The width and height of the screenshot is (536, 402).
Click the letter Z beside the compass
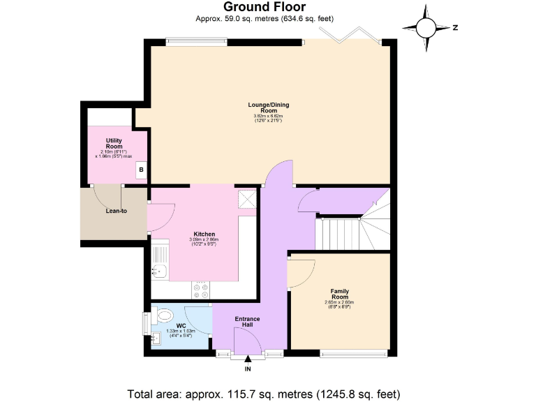pyautogui.click(x=454, y=28)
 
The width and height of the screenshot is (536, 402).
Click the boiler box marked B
pyautogui.click(x=140, y=169)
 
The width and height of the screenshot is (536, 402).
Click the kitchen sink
pyautogui.click(x=160, y=270)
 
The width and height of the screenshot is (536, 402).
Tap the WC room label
pyautogui.click(x=180, y=325)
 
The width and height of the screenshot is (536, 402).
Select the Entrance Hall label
pyautogui.click(x=247, y=322)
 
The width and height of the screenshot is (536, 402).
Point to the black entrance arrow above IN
pyautogui.click(x=248, y=359)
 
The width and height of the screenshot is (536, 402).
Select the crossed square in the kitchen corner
pyautogui.click(x=246, y=199)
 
